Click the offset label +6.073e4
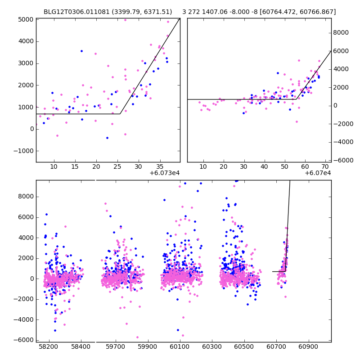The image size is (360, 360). coord(164,173)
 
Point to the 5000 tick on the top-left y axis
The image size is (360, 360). coord(26,19)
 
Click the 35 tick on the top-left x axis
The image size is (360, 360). coord(159,166)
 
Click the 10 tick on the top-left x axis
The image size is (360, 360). coord(54,166)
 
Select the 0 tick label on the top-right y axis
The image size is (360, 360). coord(335,106)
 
